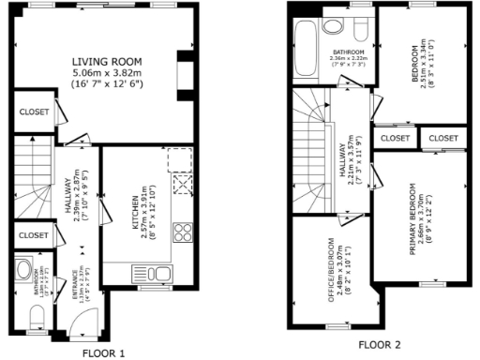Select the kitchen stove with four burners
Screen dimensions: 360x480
click(x=183, y=233)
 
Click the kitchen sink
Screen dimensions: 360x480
click(x=160, y=274)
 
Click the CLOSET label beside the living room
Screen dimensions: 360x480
click(x=33, y=113)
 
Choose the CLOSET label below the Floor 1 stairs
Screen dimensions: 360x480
click(x=33, y=235)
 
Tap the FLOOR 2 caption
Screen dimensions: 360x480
click(x=379, y=344)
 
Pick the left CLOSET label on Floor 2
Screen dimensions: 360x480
click(x=396, y=138)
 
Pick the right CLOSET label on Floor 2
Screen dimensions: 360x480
click(x=442, y=138)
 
